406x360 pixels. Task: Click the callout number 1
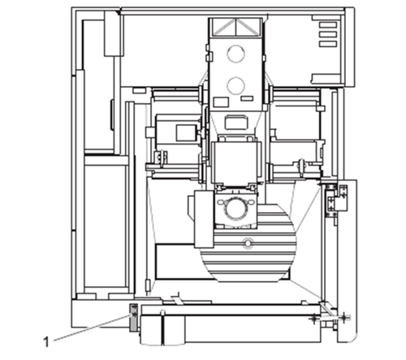click(46, 342)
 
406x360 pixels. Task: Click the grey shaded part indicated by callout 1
click(134, 318)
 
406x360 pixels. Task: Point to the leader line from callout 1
click(92, 328)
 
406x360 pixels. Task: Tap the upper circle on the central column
click(236, 54)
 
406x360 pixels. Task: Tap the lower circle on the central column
click(236, 85)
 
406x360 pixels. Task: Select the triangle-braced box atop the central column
click(235, 27)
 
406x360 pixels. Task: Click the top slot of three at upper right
click(328, 25)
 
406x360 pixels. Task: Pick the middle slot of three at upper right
click(328, 34)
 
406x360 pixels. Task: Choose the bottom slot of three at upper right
click(328, 44)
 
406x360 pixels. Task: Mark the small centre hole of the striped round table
click(247, 242)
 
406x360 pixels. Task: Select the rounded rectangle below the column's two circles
click(237, 122)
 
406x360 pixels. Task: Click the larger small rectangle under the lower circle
click(221, 102)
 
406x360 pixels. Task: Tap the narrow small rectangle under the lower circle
click(247, 98)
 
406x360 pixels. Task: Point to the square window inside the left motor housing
click(187, 132)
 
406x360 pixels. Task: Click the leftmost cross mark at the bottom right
click(314, 319)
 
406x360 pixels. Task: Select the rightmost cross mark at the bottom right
click(343, 317)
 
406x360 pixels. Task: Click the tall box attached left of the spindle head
click(205, 219)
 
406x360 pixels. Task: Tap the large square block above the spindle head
click(235, 162)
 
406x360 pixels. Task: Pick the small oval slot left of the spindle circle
click(221, 202)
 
